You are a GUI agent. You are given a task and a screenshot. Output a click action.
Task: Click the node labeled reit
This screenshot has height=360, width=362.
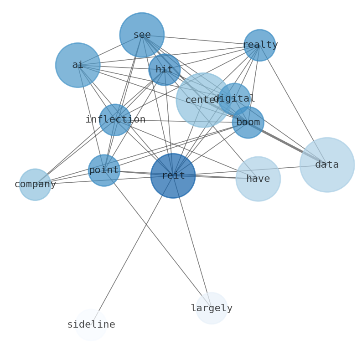[173, 176]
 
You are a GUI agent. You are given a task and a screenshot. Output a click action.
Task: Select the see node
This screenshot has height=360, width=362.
[142, 35]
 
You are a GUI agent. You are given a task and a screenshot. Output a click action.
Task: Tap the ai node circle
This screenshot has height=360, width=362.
[78, 65]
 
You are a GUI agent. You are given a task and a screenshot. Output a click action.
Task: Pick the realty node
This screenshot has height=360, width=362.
[260, 45]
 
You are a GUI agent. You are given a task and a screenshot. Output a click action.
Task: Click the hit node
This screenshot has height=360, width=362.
[165, 70]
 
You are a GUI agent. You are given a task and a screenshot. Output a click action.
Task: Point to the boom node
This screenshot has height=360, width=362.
[248, 123]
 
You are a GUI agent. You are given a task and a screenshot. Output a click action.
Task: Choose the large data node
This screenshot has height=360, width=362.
[327, 165]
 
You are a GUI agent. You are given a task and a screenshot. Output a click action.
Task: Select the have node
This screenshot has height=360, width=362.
[258, 179]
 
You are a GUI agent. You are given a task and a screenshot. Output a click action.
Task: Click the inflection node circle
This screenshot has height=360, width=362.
[115, 120]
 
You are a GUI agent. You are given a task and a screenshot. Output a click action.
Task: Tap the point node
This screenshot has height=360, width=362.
[104, 170]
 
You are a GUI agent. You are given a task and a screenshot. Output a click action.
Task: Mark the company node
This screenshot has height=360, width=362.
[35, 185]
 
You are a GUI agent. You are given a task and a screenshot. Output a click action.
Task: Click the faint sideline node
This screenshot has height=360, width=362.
[91, 325]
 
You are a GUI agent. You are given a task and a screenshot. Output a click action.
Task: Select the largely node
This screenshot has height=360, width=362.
[212, 309]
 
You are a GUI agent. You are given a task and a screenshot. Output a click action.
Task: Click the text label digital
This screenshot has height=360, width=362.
[234, 98]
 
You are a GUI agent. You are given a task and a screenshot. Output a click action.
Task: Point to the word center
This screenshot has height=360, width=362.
[197, 100]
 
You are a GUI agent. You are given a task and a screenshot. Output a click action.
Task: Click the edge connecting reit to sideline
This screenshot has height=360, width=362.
[132, 250]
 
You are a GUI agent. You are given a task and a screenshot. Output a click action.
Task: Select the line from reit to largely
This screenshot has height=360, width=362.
[192, 242]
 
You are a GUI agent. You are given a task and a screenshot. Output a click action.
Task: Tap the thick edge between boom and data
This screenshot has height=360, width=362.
[288, 144]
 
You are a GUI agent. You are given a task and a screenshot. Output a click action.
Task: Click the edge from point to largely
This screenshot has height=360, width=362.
[158, 239]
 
